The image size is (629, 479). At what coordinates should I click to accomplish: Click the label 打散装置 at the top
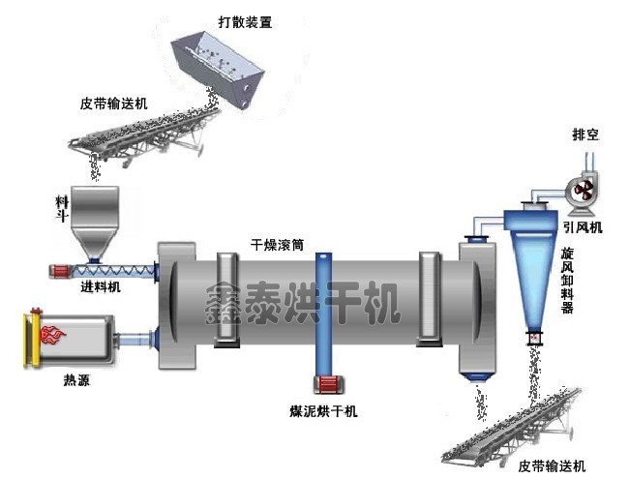(245, 21)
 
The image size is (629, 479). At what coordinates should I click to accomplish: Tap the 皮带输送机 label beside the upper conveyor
(114, 104)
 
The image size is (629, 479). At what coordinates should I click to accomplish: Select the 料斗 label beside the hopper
(62, 209)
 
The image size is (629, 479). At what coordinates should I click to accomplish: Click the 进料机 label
(101, 286)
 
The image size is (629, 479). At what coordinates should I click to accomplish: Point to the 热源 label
(76, 380)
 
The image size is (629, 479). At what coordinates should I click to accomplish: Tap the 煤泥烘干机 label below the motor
(323, 411)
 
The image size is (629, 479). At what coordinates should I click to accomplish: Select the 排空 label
(585, 135)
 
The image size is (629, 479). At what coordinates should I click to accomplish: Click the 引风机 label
(583, 227)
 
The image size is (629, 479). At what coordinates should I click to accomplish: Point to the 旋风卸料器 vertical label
(567, 280)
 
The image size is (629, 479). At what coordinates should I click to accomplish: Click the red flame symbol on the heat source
(52, 334)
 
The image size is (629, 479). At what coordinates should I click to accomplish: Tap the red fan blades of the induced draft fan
(584, 190)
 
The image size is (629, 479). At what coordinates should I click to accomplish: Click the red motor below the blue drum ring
(328, 385)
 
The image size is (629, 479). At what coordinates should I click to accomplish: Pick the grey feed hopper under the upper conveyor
(95, 223)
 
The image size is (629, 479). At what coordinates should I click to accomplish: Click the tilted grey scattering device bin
(218, 69)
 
